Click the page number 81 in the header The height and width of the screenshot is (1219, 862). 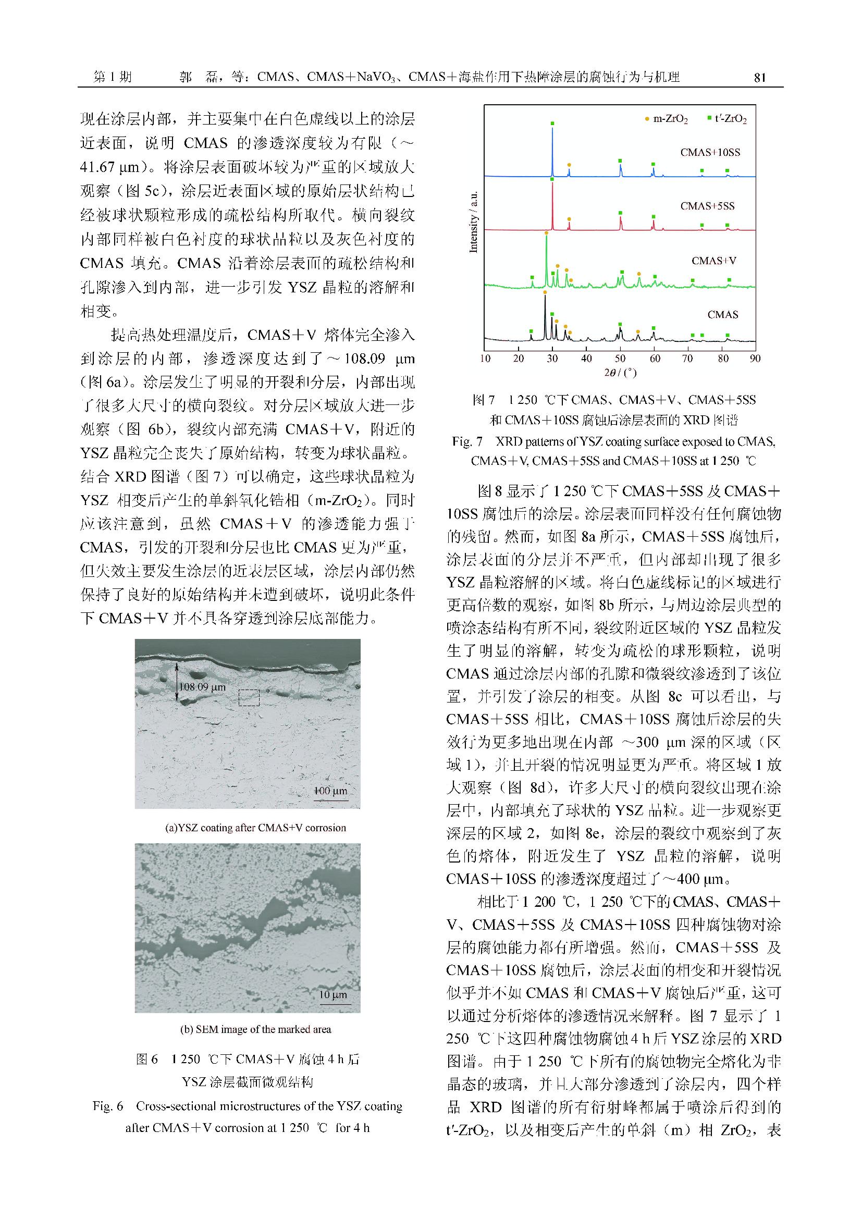point(759,78)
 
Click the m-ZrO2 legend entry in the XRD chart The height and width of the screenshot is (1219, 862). point(669,119)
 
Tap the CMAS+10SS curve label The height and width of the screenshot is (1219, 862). point(710,152)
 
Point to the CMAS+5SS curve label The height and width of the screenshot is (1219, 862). point(707,206)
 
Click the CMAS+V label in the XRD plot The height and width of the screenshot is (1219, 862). point(713,261)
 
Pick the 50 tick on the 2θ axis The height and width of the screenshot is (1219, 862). point(620,359)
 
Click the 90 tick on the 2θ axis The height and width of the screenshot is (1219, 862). point(755,359)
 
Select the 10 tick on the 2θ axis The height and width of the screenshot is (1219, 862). point(485,359)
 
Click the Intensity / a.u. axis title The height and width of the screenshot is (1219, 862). point(473,222)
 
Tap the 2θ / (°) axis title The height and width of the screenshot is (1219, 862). point(620,373)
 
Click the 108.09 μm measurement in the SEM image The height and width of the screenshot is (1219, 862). point(202,687)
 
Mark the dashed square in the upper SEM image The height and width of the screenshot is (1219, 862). point(249,697)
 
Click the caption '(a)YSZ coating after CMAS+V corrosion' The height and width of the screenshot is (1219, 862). point(255,828)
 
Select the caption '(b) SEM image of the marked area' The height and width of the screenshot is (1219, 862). point(255,1029)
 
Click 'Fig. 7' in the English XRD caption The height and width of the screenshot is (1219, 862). point(467,441)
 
